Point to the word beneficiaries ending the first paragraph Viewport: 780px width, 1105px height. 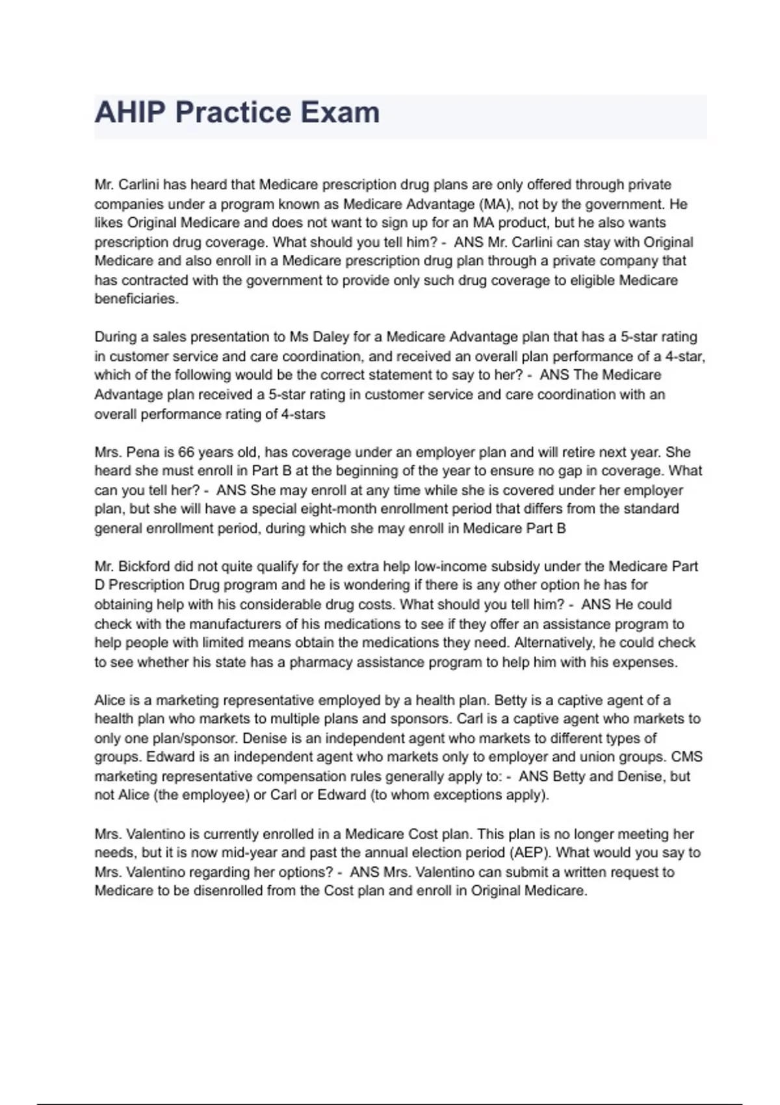coord(136,299)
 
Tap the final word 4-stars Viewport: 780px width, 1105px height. coord(304,414)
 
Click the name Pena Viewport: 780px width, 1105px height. coord(142,452)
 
